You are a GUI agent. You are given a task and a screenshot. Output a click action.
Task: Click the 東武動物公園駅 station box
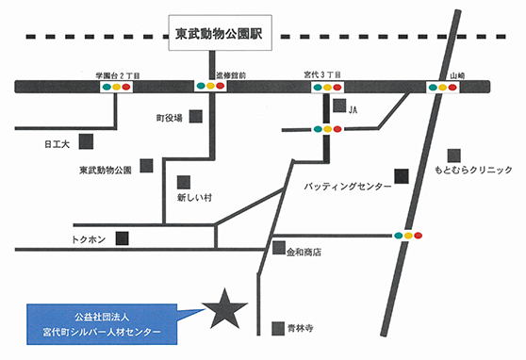tap(216, 37)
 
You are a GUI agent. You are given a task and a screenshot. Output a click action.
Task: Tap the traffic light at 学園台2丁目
tap(116, 87)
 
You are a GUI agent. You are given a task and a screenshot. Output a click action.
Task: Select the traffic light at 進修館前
tap(210, 87)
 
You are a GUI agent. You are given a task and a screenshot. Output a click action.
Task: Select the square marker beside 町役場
tap(196, 117)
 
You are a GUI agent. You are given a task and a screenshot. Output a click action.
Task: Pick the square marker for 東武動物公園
tap(147, 166)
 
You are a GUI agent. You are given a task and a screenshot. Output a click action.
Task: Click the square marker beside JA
tap(337, 106)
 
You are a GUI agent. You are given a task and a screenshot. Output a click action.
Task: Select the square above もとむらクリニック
tap(455, 155)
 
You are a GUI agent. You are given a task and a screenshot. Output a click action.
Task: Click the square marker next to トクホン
tap(122, 238)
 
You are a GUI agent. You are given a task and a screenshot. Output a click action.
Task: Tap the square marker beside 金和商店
tap(278, 249)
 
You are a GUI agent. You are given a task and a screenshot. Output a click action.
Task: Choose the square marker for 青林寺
tap(277, 328)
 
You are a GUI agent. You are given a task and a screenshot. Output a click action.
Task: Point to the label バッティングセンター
tap(348, 188)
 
